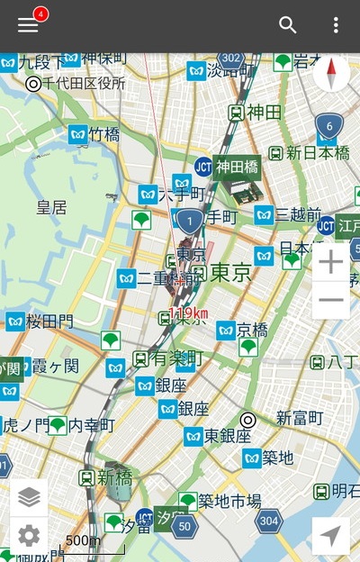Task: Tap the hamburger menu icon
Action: (x=28, y=25)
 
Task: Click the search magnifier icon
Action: (x=288, y=25)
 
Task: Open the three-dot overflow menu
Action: (x=336, y=25)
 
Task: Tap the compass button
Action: (x=332, y=73)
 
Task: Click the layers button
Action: (x=29, y=496)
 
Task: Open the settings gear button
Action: (x=29, y=536)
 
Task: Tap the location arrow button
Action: (x=330, y=536)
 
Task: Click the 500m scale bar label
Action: (x=83, y=540)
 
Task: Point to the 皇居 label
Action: (x=51, y=208)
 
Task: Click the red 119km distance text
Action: (x=188, y=313)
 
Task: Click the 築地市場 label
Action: (x=229, y=501)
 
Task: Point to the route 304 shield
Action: (x=267, y=520)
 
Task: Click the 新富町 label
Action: (x=299, y=418)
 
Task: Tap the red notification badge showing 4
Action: (x=40, y=14)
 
